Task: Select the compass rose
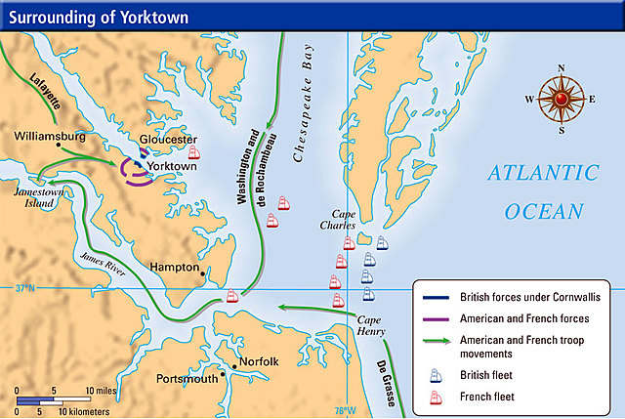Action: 561,99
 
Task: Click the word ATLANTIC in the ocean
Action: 542,175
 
